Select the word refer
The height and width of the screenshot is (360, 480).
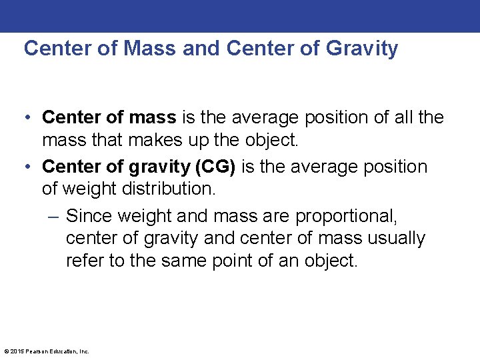pos(85,260)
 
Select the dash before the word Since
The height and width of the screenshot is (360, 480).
pos(54,217)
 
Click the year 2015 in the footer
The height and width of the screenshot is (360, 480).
pos(17,351)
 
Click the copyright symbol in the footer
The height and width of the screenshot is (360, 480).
pos(6,351)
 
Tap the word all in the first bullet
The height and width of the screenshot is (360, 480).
pos(404,117)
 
